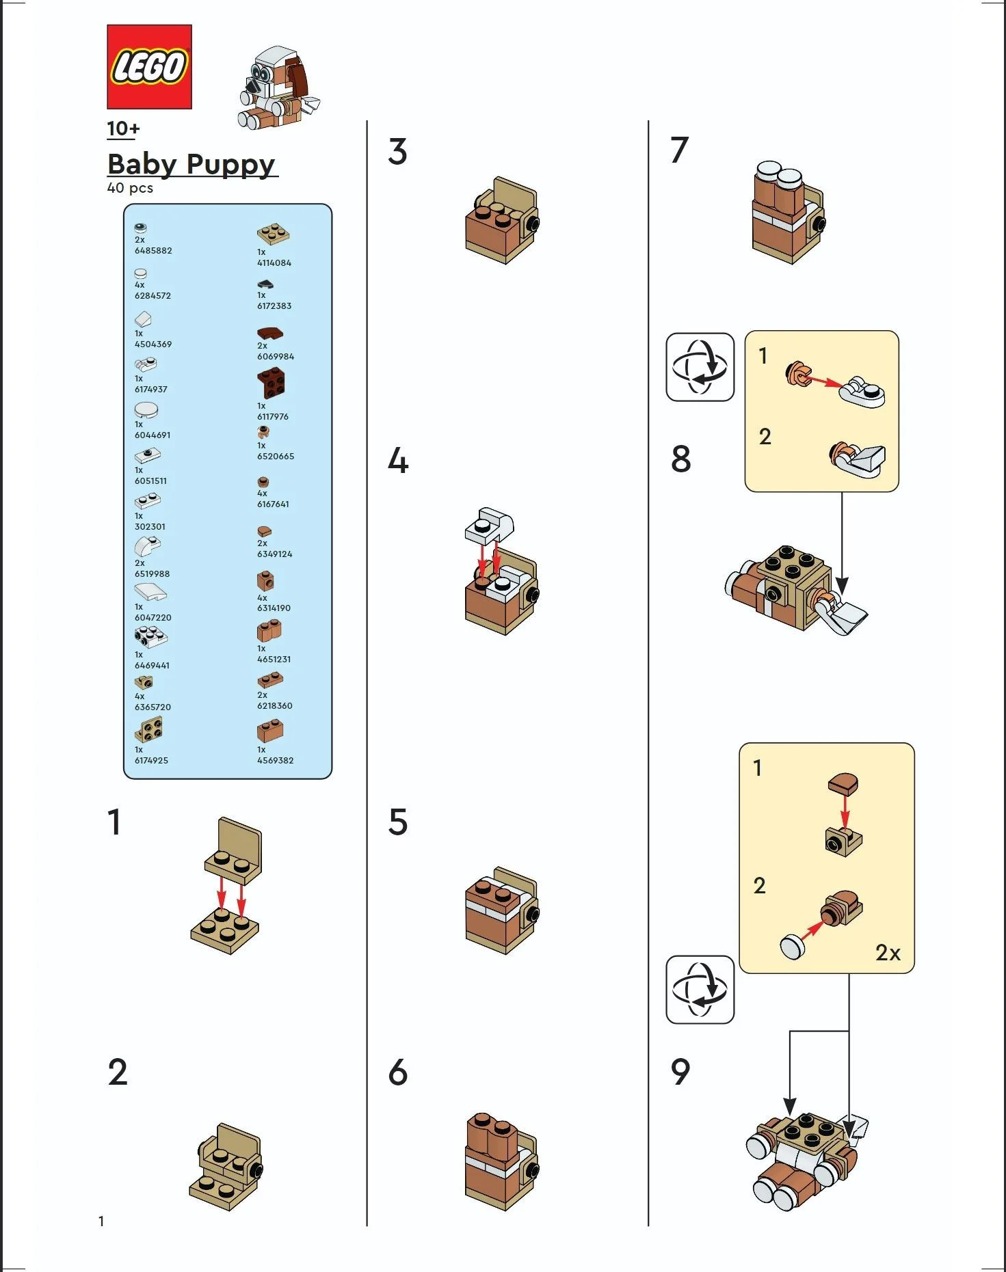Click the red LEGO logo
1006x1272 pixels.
pyautogui.click(x=149, y=67)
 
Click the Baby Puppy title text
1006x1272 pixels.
pyautogui.click(x=191, y=164)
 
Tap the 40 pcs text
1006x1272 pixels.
pyautogui.click(x=130, y=188)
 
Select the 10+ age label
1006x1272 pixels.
pyautogui.click(x=123, y=128)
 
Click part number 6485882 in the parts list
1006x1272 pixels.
pyautogui.click(x=153, y=251)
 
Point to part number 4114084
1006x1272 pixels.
pyautogui.click(x=274, y=262)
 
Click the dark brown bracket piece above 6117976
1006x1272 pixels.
pyautogui.click(x=272, y=383)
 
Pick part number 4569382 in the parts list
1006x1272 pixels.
pyautogui.click(x=275, y=760)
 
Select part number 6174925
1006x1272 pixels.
pyautogui.click(x=151, y=760)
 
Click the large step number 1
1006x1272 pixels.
pyautogui.click(x=114, y=822)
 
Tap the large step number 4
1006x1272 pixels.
pyautogui.click(x=398, y=461)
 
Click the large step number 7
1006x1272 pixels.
pyautogui.click(x=678, y=150)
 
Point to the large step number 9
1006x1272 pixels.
pyautogui.click(x=680, y=1072)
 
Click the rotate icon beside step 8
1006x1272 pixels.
pyautogui.click(x=700, y=367)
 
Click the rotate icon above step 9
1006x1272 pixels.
pyautogui.click(x=700, y=989)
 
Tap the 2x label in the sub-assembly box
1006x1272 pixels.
pyautogui.click(x=888, y=952)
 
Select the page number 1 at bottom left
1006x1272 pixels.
pyautogui.click(x=101, y=1221)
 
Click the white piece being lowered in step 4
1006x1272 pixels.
pyautogui.click(x=490, y=524)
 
